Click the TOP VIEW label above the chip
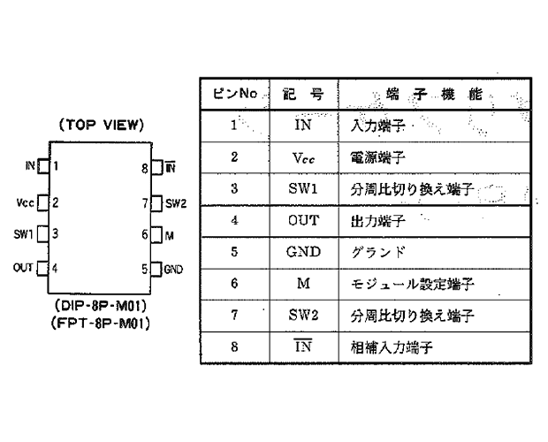pyautogui.click(x=102, y=125)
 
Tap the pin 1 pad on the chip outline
pyautogui.click(x=43, y=165)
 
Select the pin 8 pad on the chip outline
pyautogui.click(x=157, y=167)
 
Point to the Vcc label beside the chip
pyautogui.click(x=25, y=202)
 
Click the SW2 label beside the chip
pyautogui.click(x=176, y=203)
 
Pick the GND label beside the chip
pyautogui.click(x=173, y=269)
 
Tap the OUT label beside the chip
pyautogui.click(x=23, y=268)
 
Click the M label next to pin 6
pyautogui.click(x=169, y=236)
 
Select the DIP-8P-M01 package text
pyautogui.click(x=100, y=306)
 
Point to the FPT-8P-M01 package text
pyautogui.click(x=100, y=324)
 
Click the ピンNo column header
pyautogui.click(x=235, y=94)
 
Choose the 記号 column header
pyautogui.click(x=302, y=94)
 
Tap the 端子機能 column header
pyautogui.click(x=434, y=94)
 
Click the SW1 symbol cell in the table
pyautogui.click(x=303, y=188)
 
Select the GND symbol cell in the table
pyautogui.click(x=303, y=252)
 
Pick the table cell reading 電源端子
pyautogui.click(x=377, y=157)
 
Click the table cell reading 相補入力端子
pyautogui.click(x=392, y=347)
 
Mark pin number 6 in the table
pyautogui.click(x=234, y=283)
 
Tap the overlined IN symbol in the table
pyautogui.click(x=303, y=346)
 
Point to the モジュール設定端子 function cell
pyautogui.click(x=413, y=284)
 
